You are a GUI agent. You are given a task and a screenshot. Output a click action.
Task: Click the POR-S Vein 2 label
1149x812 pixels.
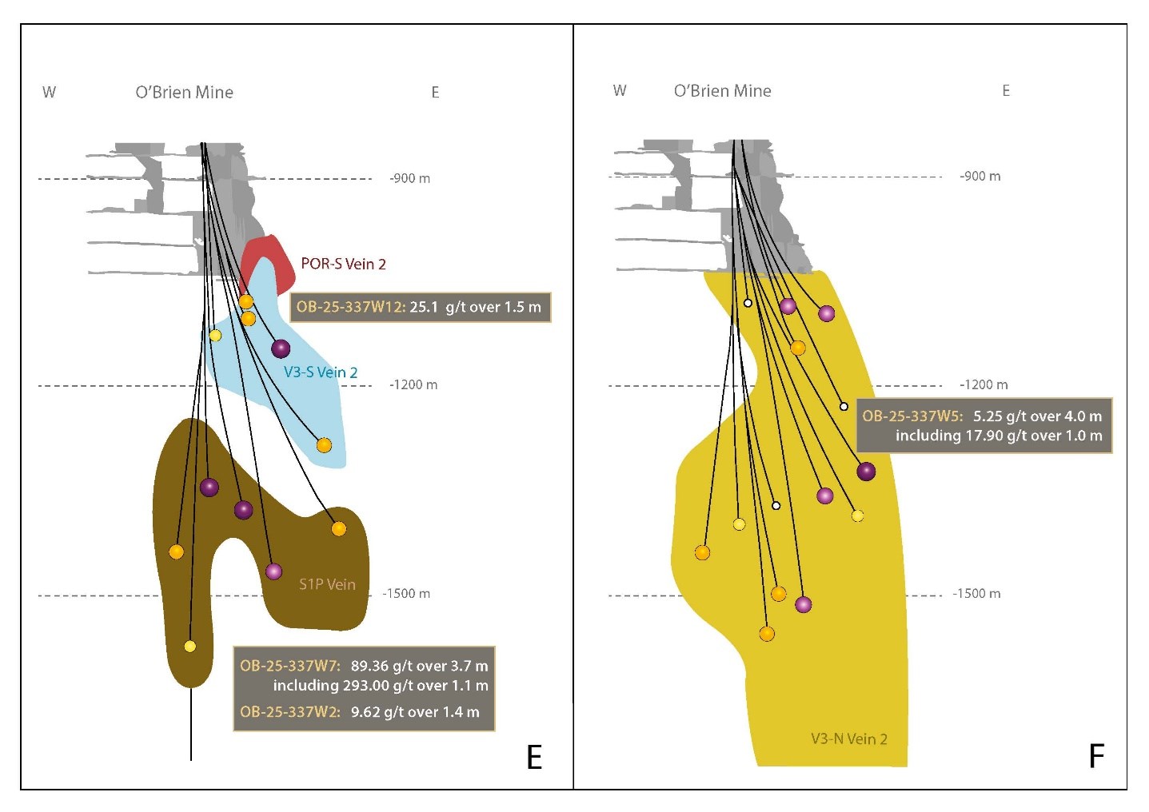(x=343, y=264)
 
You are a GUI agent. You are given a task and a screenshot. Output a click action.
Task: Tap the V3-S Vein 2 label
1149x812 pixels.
(x=321, y=372)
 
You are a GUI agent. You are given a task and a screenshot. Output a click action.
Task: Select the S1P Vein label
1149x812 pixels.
(x=327, y=584)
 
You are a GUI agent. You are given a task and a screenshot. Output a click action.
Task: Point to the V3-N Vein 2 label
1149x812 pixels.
(x=848, y=738)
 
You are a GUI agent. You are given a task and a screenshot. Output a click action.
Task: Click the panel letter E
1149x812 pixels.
(x=534, y=756)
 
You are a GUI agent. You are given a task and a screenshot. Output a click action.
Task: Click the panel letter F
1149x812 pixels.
(x=1096, y=756)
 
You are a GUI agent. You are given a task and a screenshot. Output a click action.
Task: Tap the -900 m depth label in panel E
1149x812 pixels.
(x=409, y=178)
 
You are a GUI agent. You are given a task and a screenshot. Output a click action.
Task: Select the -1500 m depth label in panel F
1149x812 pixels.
(x=976, y=594)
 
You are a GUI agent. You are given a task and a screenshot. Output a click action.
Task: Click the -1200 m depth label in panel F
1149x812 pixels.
(x=983, y=384)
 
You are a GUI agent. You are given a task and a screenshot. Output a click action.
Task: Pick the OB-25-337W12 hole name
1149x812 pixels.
(x=350, y=307)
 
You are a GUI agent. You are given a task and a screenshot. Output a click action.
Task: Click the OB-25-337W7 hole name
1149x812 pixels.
(x=290, y=666)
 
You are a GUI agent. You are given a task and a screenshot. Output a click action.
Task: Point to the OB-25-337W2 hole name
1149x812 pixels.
(x=290, y=712)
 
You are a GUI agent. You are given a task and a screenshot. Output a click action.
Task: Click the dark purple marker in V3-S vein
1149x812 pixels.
(x=281, y=348)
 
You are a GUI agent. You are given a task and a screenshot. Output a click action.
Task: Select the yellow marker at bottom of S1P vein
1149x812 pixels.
(x=190, y=646)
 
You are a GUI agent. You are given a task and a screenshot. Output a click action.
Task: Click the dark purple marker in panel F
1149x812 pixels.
(x=866, y=472)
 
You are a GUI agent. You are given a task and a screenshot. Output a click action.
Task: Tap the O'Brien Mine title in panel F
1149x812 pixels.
(x=722, y=91)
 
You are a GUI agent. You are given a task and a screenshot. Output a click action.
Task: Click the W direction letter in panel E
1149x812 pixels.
(x=49, y=93)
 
